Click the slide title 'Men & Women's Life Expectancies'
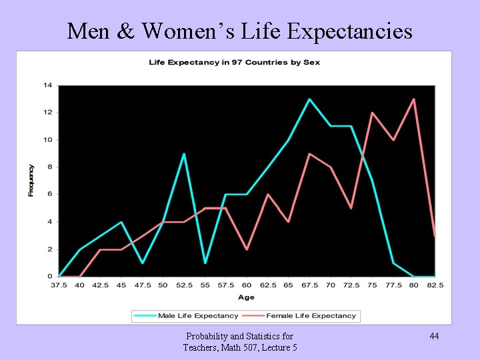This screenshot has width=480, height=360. (x=240, y=31)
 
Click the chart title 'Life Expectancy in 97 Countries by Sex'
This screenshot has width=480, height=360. (x=234, y=63)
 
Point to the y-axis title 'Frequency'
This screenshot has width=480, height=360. (x=31, y=180)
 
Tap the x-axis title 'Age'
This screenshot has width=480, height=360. (x=247, y=297)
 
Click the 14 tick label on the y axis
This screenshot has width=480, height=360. (x=48, y=85)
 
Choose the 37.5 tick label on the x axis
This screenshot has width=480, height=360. (x=59, y=285)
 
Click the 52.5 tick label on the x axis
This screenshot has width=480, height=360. (x=184, y=285)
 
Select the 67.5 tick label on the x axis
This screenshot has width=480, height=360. (x=309, y=285)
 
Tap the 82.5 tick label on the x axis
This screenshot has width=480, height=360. (x=435, y=285)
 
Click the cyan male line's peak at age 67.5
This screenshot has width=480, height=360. (x=309, y=99)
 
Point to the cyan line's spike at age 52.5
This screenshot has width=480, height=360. (x=184, y=154)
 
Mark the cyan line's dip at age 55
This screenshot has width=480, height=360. (x=205, y=263)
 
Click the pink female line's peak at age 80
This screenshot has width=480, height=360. (x=414, y=99)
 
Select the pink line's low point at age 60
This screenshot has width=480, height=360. (x=247, y=249)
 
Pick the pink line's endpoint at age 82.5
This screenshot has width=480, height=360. (x=435, y=235)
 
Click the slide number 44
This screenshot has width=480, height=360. (x=434, y=336)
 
